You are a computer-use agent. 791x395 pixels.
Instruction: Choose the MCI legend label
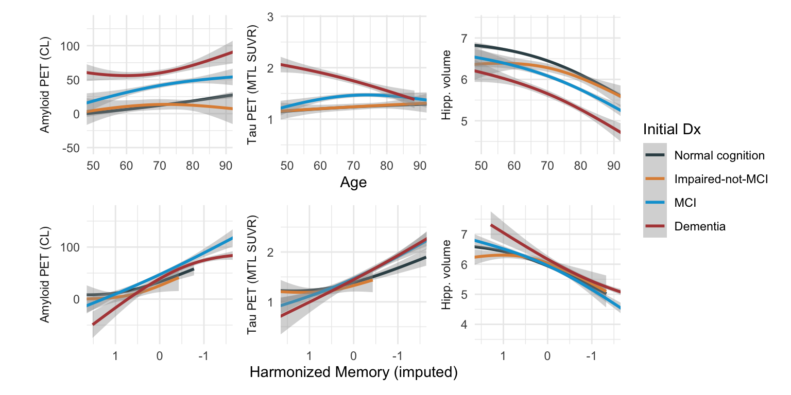(685, 203)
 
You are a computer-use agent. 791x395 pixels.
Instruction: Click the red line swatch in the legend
(655, 226)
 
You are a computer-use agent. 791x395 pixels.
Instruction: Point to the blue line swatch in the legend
(655, 203)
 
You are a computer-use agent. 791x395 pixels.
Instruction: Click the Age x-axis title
(353, 183)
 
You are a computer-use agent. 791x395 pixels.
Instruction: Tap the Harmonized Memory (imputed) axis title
(353, 373)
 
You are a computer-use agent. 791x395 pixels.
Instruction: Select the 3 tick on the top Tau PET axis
(270, 17)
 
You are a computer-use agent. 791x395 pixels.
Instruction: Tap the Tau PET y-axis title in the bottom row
(252, 275)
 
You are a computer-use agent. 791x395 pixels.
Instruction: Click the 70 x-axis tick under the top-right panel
(547, 166)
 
